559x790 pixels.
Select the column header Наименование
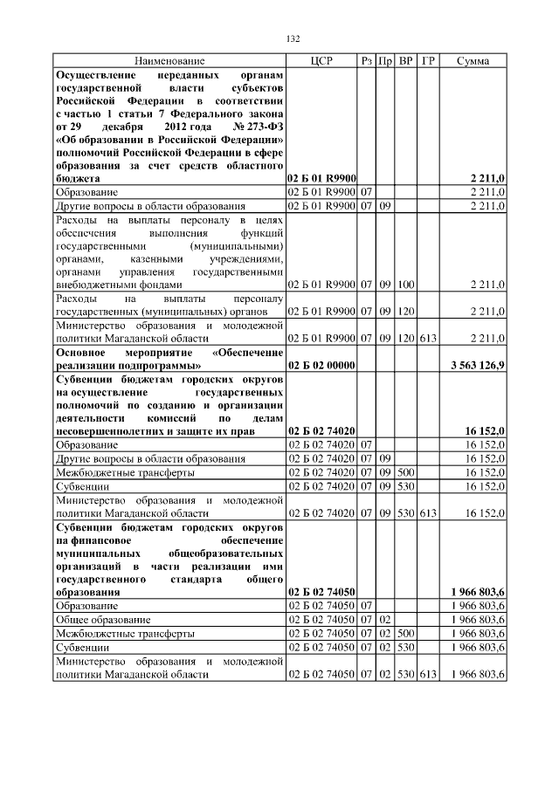coord(169,61)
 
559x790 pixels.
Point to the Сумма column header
coord(473,61)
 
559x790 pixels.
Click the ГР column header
coord(427,61)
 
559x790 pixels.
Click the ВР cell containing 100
coord(405,285)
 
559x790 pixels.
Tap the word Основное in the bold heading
coord(80,351)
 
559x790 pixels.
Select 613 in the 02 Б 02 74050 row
coord(427,675)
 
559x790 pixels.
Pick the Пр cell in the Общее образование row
coord(384,619)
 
